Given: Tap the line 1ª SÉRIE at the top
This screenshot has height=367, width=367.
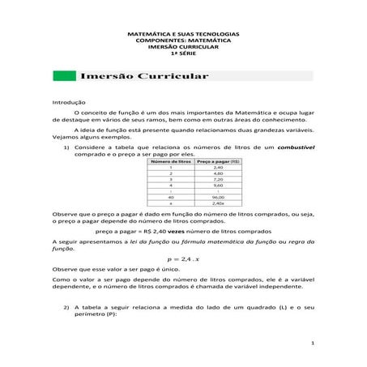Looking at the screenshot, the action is tap(183, 53).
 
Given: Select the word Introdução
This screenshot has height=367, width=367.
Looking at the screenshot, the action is tap(68, 102).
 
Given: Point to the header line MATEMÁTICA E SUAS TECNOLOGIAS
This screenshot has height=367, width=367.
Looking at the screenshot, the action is tap(183, 34).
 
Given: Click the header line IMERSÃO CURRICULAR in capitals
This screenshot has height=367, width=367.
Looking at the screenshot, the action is tap(183, 47).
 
